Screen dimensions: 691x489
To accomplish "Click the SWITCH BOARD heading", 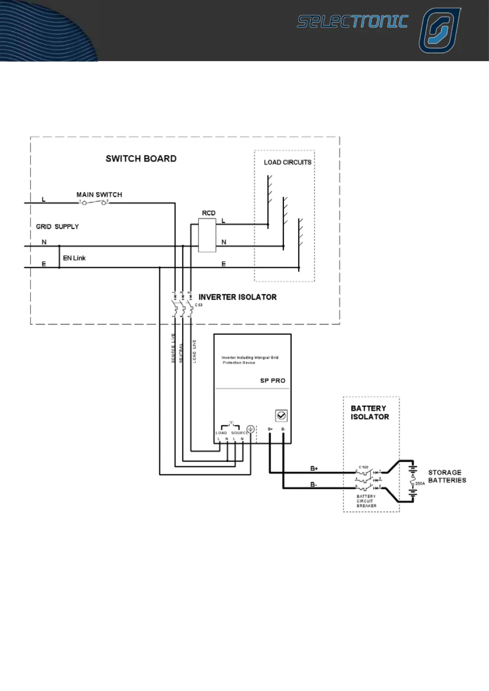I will [141, 159].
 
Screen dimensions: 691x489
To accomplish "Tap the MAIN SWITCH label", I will [99, 194].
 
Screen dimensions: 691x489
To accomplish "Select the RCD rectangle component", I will [207, 235].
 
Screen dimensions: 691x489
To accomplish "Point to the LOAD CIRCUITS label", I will [287, 162].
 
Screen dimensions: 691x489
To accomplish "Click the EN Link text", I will [74, 258].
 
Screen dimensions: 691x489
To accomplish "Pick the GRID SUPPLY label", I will [57, 227].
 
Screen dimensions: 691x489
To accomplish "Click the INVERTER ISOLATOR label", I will [237, 297].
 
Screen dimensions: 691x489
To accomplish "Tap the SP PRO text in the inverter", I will [273, 381].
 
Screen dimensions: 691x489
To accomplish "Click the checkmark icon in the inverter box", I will [281, 416].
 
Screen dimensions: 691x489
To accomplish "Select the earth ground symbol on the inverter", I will [250, 430].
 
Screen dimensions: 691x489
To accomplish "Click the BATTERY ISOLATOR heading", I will [370, 412].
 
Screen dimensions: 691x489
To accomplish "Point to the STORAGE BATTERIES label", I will [447, 476].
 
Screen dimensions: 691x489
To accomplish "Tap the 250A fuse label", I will [420, 484].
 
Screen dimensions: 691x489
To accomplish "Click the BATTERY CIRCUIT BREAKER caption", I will [366, 501].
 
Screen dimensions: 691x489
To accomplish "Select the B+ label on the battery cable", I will [314, 469].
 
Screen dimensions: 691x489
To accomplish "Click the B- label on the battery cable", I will [314, 485].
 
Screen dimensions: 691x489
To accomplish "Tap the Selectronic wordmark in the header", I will [352, 22].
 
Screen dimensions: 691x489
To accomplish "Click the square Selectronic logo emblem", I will [439, 31].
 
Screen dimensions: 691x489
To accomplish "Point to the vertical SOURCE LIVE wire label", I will [173, 348].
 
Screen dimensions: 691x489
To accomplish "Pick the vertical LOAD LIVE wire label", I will [194, 351].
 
